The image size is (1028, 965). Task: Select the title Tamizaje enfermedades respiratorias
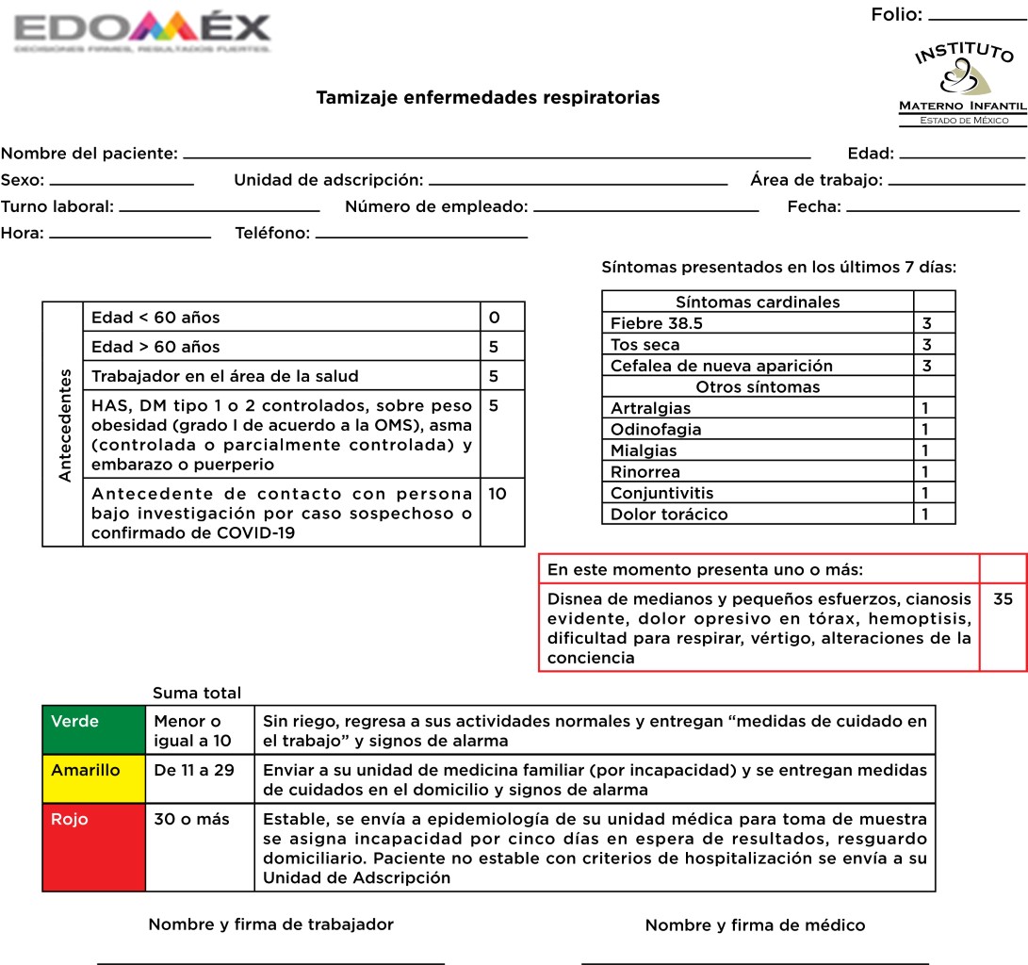pyautogui.click(x=487, y=97)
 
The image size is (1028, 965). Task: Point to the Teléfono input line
pyautogui.click(x=421, y=236)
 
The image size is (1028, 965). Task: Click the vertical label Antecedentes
pyautogui.click(x=64, y=424)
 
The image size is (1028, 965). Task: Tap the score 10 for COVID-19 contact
pyautogui.click(x=498, y=494)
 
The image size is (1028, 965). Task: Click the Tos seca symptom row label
pyautogui.click(x=646, y=345)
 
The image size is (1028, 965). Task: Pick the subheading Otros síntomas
pyautogui.click(x=758, y=387)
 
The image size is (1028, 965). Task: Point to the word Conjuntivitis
pyautogui.click(x=662, y=493)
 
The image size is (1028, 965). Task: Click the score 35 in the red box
pyautogui.click(x=1003, y=597)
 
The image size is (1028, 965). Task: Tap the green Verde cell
pyautogui.click(x=93, y=729)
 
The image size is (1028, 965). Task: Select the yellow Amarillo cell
pyautogui.click(x=93, y=778)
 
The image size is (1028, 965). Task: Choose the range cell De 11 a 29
pyautogui.click(x=195, y=770)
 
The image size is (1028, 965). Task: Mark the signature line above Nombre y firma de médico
pyautogui.click(x=755, y=962)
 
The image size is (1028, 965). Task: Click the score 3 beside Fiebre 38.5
pyautogui.click(x=927, y=323)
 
